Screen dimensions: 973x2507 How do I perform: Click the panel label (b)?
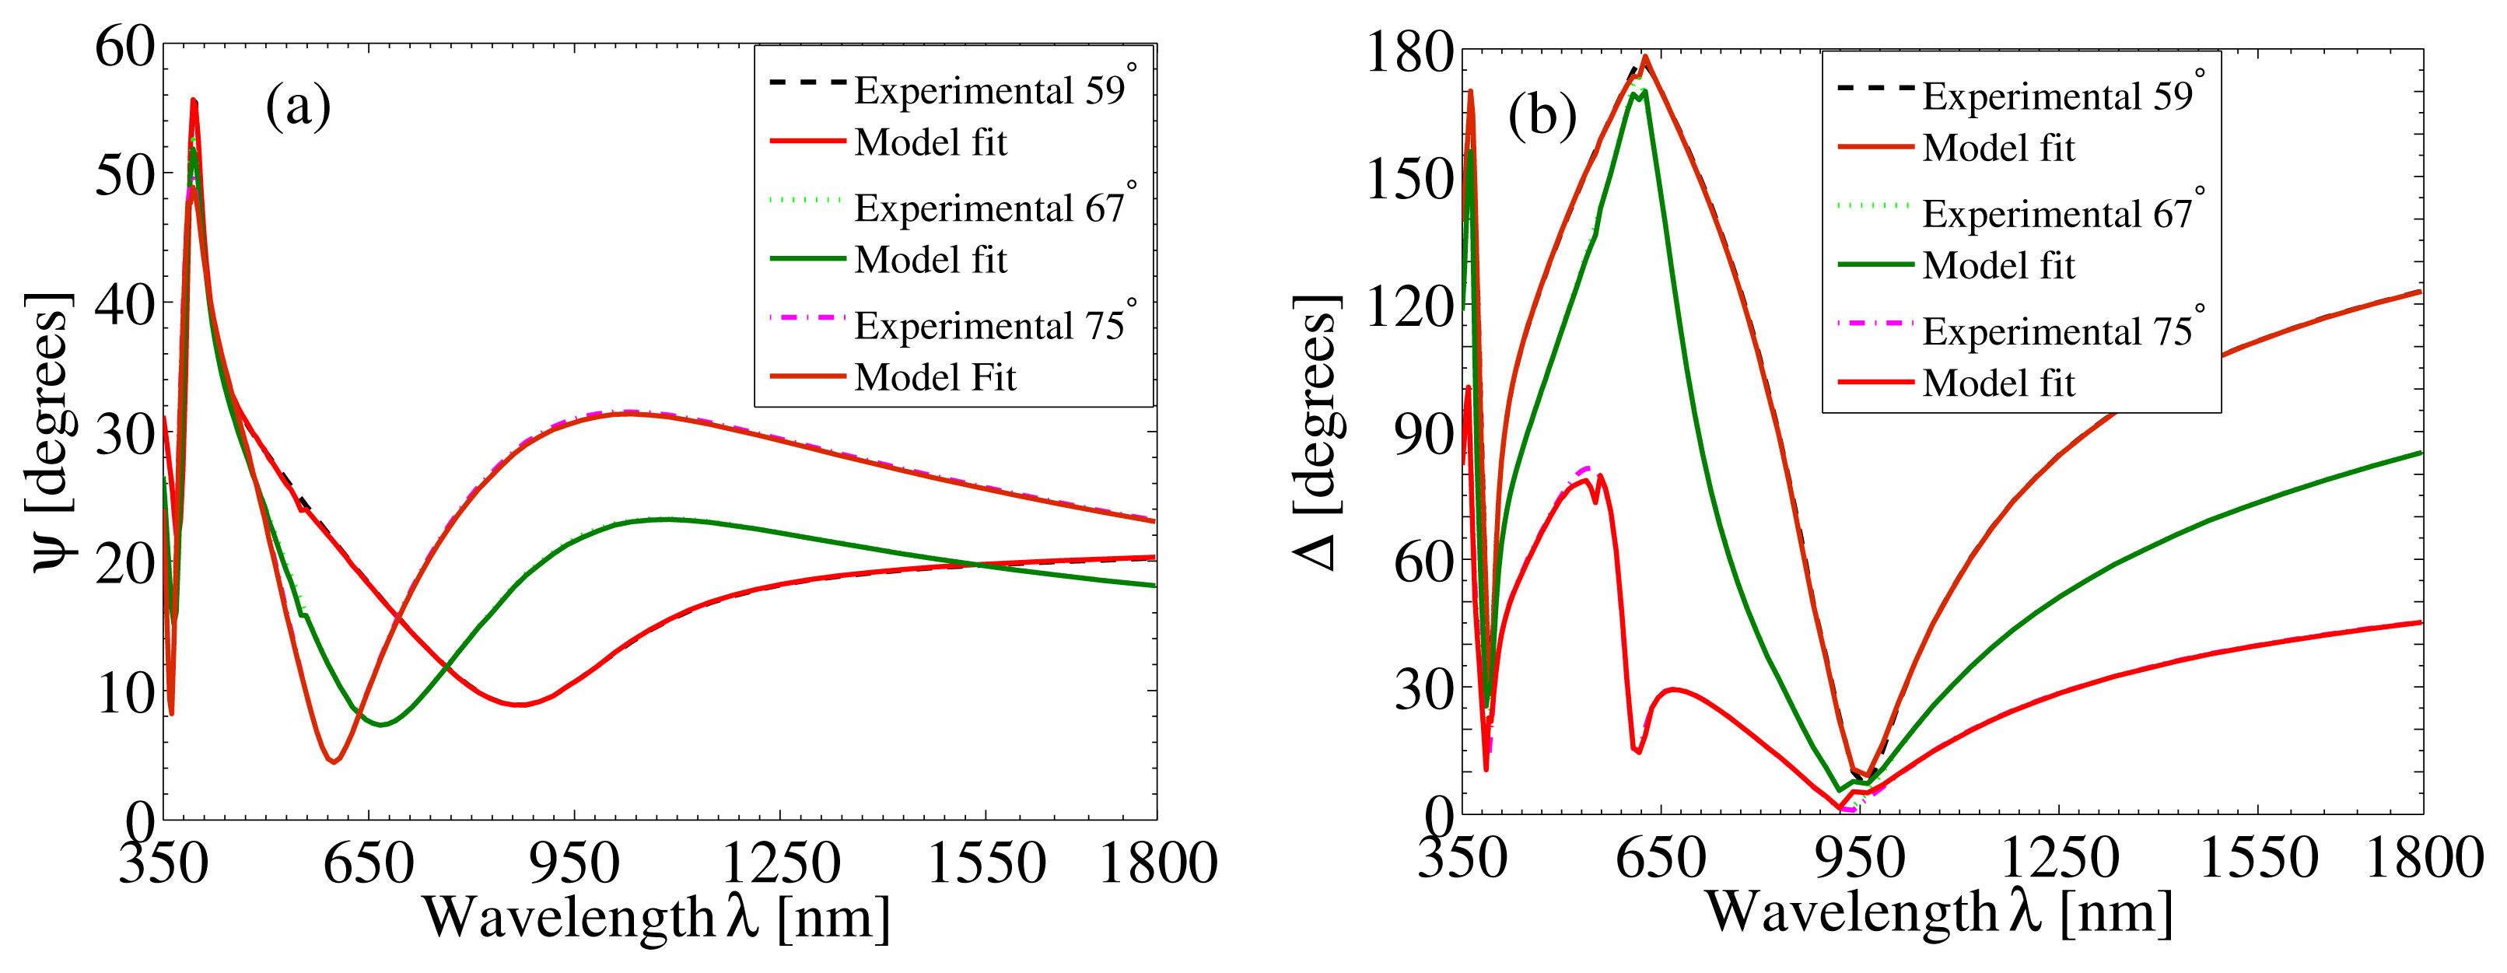click(x=1542, y=117)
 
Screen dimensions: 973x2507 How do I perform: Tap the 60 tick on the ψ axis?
click(x=125, y=47)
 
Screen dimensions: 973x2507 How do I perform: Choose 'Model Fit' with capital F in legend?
click(x=934, y=377)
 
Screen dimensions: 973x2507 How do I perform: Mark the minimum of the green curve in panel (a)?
click(x=381, y=725)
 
